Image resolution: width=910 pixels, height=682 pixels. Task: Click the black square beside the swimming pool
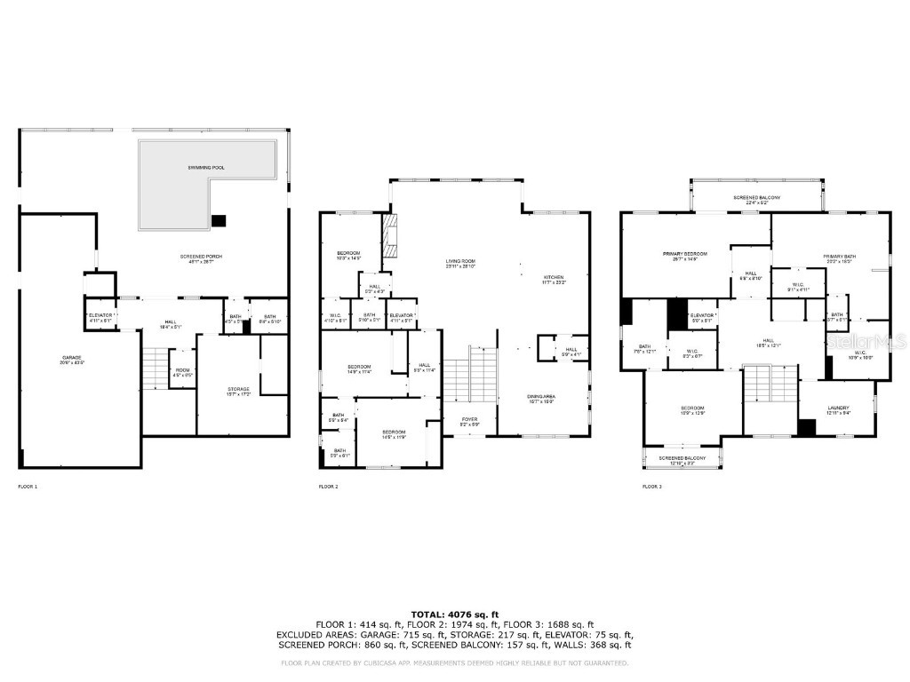(x=219, y=220)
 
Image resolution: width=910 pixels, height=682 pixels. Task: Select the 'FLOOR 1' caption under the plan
(x=28, y=487)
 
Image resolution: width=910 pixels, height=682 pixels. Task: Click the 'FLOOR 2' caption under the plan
(x=329, y=487)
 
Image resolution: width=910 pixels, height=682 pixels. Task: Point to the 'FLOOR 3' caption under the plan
(x=652, y=487)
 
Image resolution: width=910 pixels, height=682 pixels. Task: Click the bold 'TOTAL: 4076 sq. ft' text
(x=454, y=615)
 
